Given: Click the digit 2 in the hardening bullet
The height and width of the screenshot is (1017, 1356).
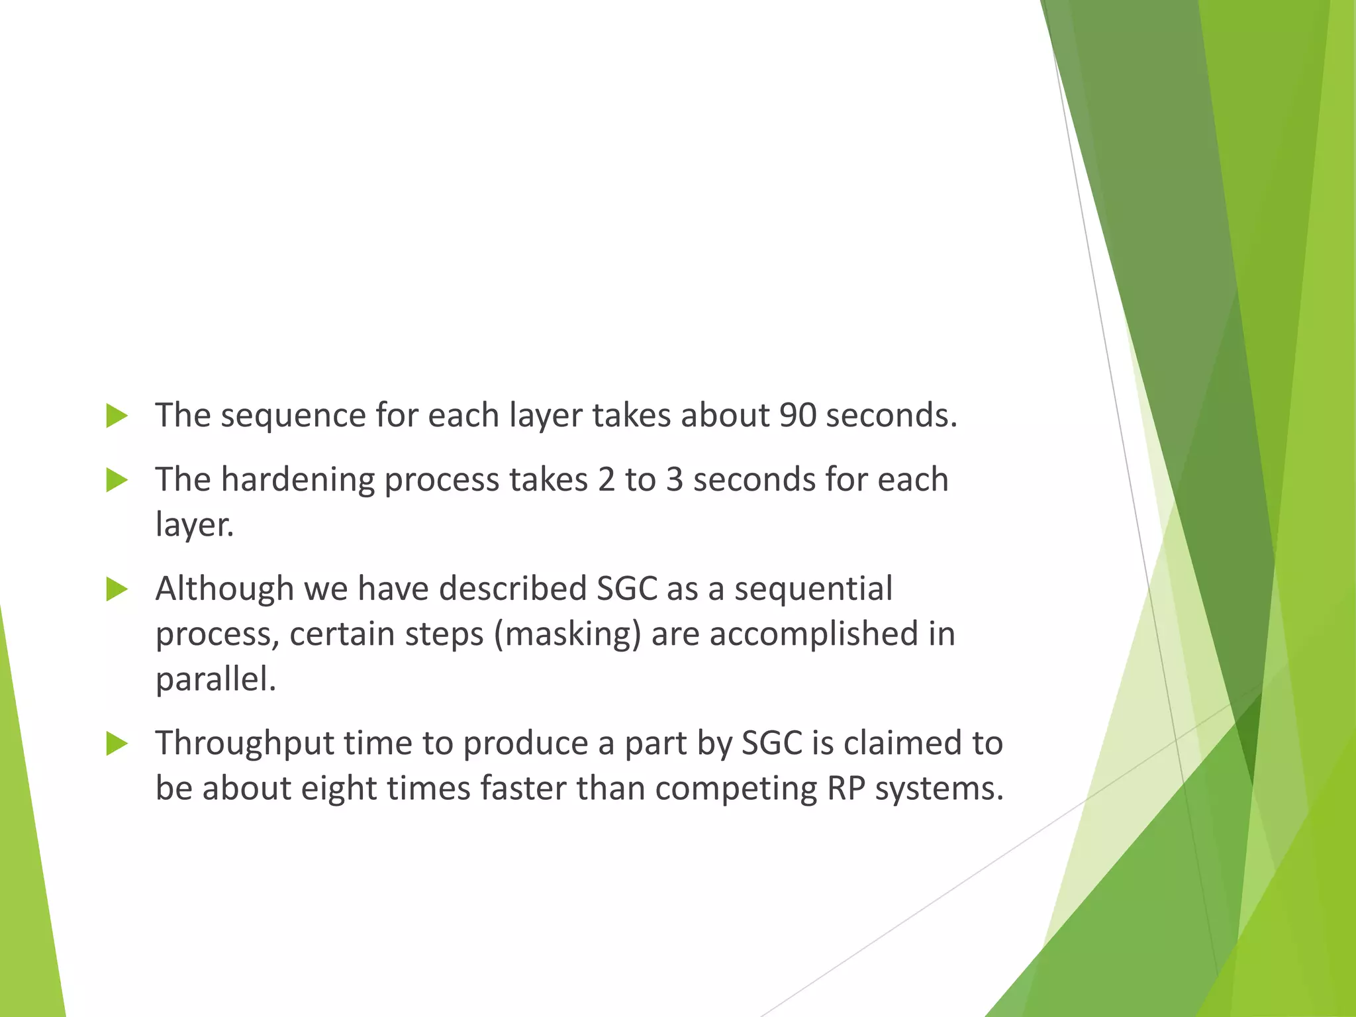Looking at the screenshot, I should tap(606, 480).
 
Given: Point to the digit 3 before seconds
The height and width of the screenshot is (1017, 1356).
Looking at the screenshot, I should tap(674, 480).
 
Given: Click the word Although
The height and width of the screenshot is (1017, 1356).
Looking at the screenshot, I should tap(224, 589).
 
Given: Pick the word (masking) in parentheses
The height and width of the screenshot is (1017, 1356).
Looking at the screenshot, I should tap(567, 635).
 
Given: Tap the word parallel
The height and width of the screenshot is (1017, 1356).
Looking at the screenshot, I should tap(215, 679).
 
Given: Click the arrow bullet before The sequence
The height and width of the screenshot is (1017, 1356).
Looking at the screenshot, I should tap(117, 416).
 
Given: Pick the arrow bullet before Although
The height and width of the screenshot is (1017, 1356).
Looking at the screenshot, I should tap(117, 589).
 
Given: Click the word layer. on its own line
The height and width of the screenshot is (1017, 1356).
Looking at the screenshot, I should tap(194, 525).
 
